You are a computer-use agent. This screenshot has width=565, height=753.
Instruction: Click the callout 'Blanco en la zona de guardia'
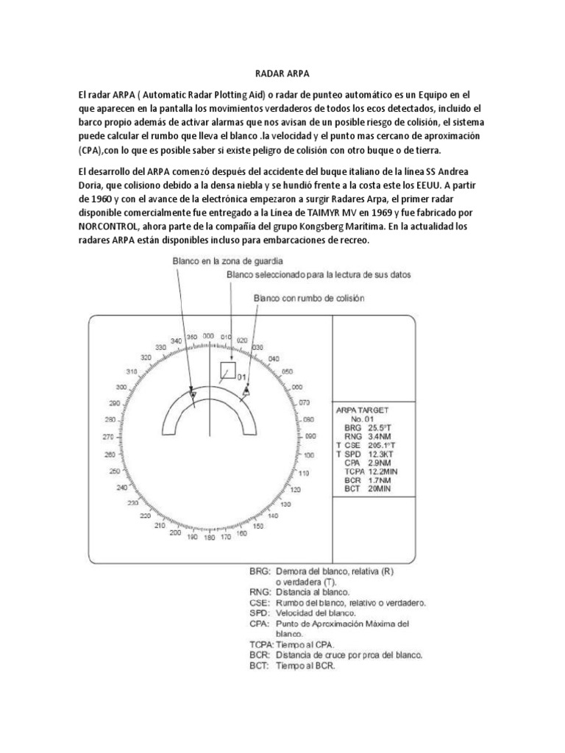point(218,260)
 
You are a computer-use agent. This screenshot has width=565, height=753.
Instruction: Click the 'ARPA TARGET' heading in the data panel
point(362,409)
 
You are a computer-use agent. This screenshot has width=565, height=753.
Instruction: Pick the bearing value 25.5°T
point(380,427)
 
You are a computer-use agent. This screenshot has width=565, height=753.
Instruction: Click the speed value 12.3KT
point(380,454)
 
